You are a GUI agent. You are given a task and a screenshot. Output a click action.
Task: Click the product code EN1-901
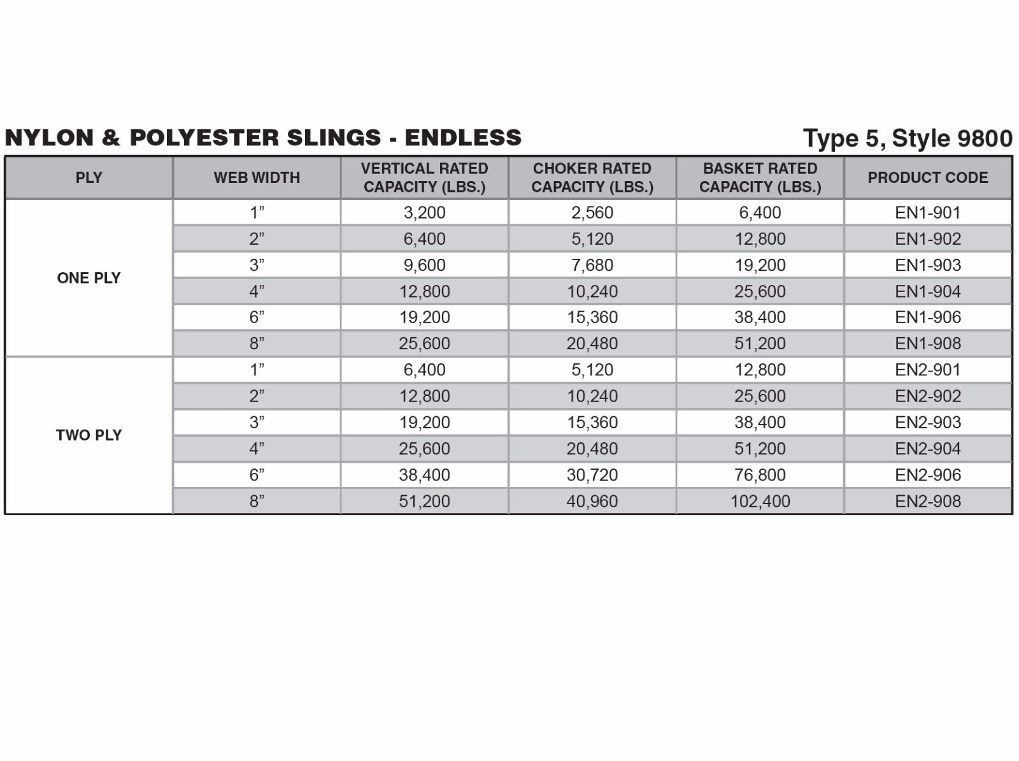[927, 212]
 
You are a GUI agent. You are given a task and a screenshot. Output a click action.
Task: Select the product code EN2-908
[927, 501]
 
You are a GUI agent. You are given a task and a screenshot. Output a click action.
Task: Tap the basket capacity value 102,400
[760, 501]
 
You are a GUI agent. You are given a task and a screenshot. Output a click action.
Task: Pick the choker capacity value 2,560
[592, 212]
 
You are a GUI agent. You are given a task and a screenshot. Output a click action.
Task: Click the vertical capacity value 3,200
[424, 212]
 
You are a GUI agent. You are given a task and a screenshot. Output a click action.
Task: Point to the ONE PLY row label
[89, 278]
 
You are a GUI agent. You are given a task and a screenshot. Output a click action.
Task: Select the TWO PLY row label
[89, 435]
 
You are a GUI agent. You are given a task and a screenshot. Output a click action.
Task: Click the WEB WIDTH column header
[257, 178]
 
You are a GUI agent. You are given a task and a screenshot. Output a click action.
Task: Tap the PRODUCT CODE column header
[927, 178]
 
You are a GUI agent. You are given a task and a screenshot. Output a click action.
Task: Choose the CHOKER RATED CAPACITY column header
[592, 178]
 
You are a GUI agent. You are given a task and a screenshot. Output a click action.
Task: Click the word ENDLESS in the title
[463, 138]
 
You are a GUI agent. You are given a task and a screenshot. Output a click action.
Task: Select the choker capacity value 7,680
[592, 265]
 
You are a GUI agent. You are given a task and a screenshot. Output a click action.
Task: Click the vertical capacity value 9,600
[424, 265]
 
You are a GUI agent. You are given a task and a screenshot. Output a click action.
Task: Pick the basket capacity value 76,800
[760, 475]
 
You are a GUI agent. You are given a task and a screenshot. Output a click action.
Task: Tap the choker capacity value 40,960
[592, 501]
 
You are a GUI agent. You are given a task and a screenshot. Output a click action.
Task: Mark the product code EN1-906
[927, 317]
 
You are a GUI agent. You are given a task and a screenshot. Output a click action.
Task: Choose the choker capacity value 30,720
[592, 475]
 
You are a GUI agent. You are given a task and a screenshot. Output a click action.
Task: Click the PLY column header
[89, 178]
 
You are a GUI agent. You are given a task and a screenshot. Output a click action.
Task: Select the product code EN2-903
[927, 422]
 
